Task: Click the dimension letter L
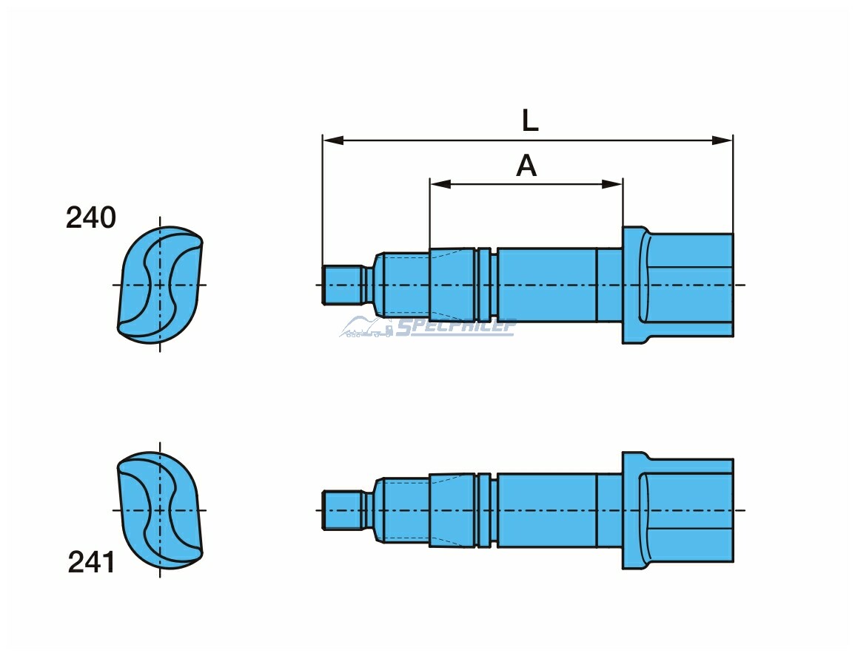point(530,121)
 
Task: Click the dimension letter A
point(526,166)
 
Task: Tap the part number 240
point(91,218)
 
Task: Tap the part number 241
point(92,563)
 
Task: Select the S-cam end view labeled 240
point(160,285)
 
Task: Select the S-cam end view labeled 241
point(160,510)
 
